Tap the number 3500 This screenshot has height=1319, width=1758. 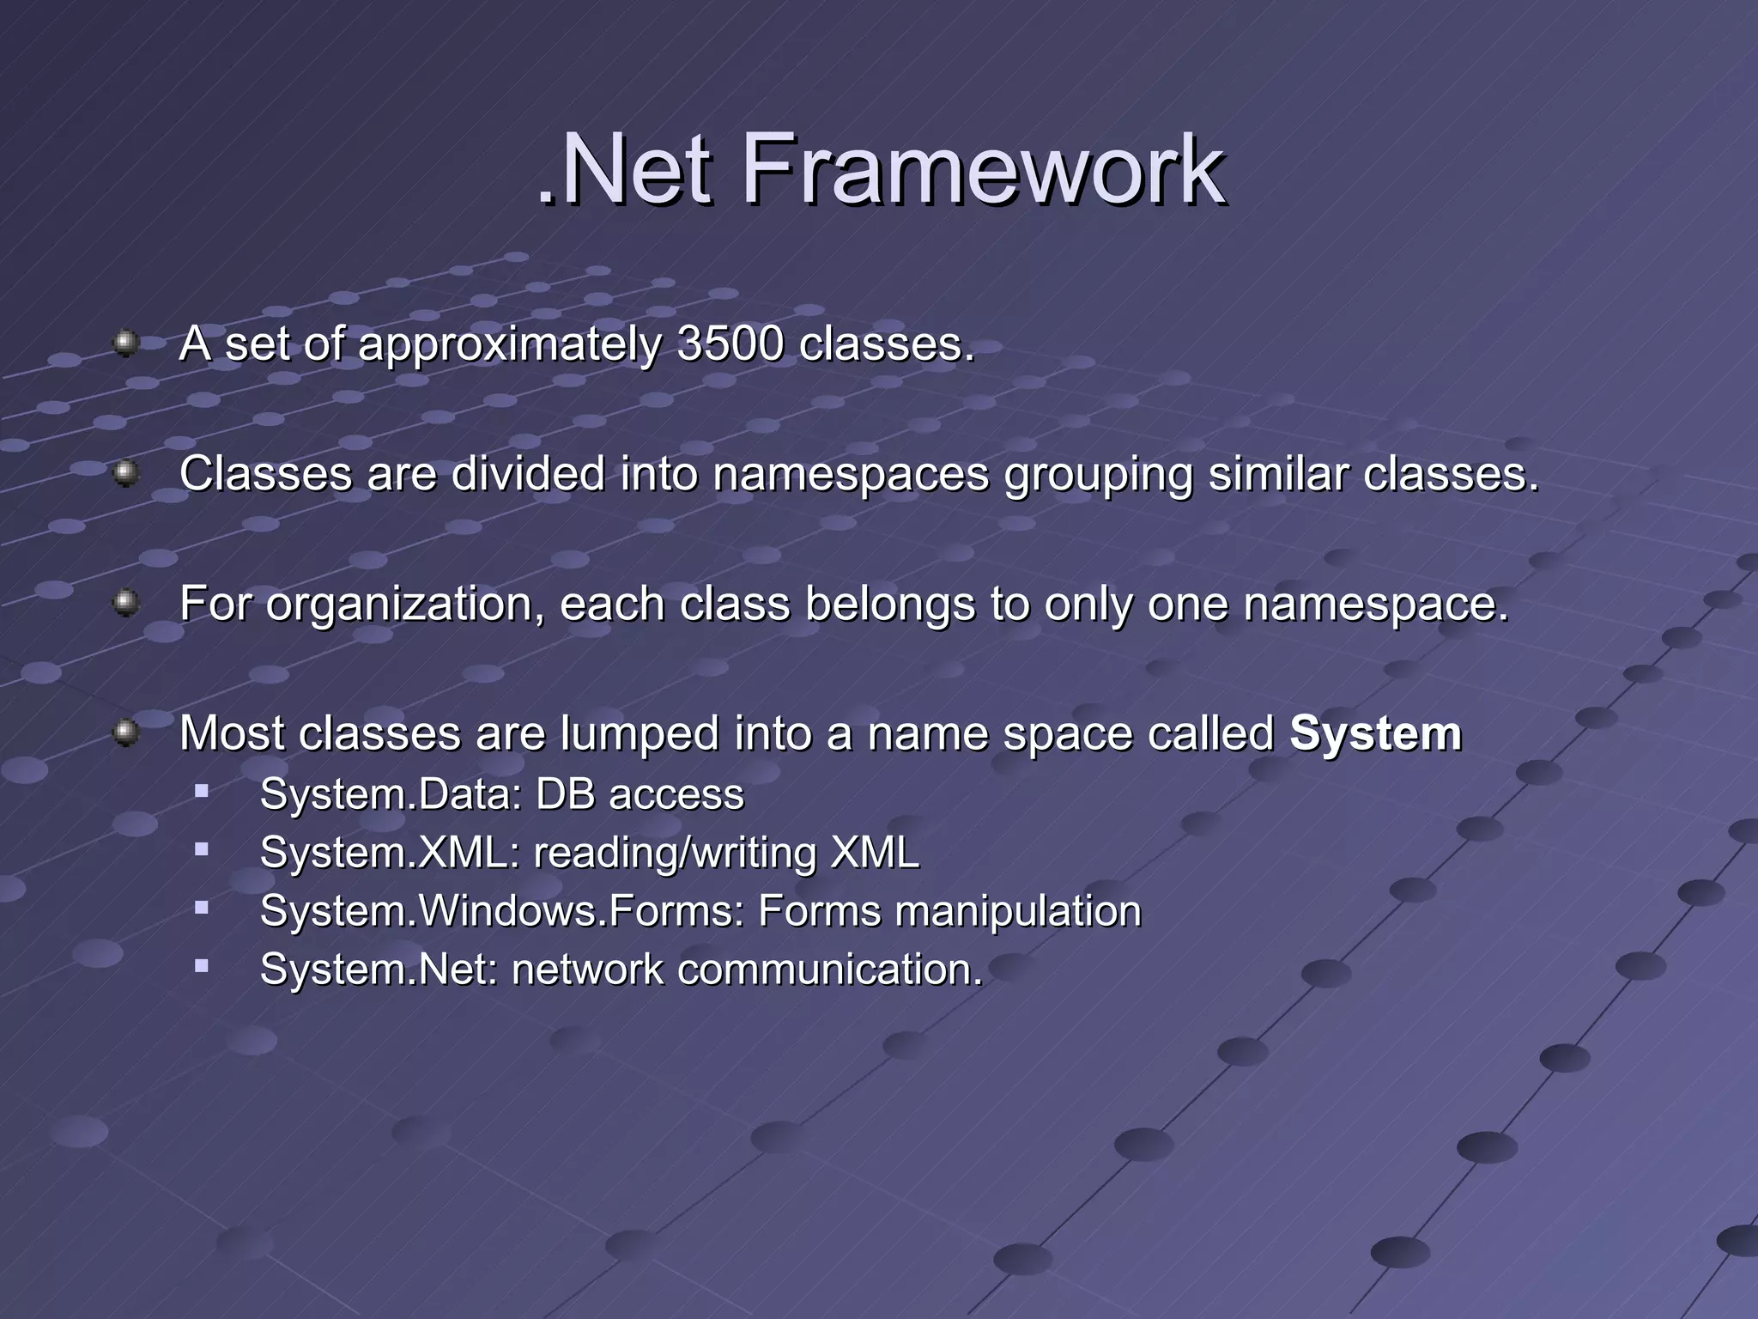730,344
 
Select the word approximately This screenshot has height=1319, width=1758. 509,346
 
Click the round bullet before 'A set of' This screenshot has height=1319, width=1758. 126,343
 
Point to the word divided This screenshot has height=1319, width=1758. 528,474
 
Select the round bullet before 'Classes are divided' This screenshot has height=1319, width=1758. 126,473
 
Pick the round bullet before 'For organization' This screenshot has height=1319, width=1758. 126,603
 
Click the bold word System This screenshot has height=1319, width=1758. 1375,734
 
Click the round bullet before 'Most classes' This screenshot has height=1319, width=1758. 126,732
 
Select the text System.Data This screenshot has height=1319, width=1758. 391,794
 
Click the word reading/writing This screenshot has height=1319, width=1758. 675,854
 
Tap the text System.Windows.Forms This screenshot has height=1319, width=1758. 502,911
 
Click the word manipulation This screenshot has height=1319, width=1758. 1018,912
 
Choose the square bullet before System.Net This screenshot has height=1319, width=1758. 202,966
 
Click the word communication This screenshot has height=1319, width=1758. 829,969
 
